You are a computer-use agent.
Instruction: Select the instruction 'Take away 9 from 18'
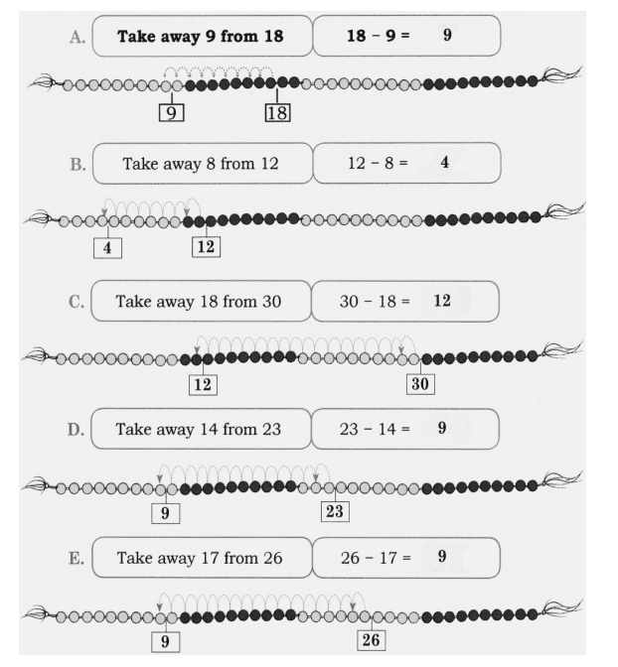[201, 37]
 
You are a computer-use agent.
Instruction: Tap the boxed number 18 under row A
[276, 112]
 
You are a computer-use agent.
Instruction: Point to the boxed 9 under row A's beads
[172, 112]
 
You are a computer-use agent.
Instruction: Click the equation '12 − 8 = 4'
[405, 163]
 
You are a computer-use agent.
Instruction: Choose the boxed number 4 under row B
[106, 247]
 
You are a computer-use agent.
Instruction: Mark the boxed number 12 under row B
[206, 247]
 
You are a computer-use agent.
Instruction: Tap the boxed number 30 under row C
[420, 383]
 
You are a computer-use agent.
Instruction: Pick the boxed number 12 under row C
[204, 383]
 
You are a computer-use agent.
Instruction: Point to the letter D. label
[73, 430]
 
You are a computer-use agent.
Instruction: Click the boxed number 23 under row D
[334, 513]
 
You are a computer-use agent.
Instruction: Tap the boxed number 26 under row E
[371, 640]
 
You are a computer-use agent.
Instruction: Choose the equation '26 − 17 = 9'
[405, 558]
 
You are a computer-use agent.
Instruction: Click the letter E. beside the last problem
[73, 558]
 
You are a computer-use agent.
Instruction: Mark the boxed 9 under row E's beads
[165, 642]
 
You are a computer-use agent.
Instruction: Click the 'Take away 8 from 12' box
[201, 163]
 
